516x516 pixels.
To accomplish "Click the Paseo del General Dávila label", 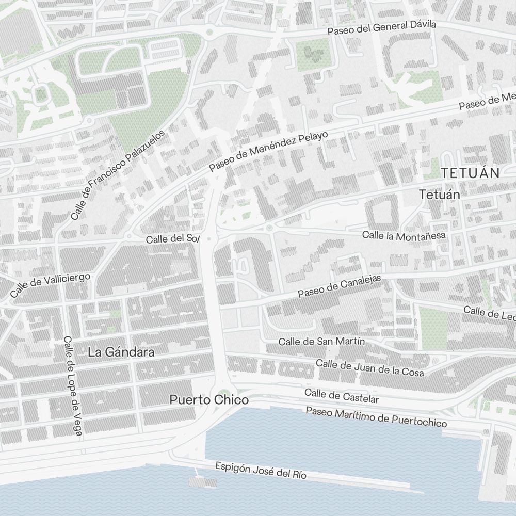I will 381,28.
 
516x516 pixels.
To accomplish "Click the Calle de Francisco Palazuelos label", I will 118,174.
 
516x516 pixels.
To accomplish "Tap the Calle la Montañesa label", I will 404,235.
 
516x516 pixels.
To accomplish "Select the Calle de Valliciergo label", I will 50,285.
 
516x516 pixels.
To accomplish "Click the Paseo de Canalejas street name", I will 339,286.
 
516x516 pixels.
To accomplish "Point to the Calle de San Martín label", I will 321,342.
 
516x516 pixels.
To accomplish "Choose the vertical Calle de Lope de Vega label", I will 72,385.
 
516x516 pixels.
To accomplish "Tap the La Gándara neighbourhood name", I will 121,352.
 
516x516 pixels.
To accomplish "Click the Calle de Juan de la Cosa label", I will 369,367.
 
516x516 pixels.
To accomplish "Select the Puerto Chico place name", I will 209,400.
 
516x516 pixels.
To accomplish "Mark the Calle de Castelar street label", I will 342,396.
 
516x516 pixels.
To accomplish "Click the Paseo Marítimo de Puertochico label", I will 376,417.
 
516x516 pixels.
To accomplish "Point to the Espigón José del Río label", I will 261,470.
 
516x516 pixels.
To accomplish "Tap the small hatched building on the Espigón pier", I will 203,482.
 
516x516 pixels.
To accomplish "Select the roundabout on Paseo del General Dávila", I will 209,33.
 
